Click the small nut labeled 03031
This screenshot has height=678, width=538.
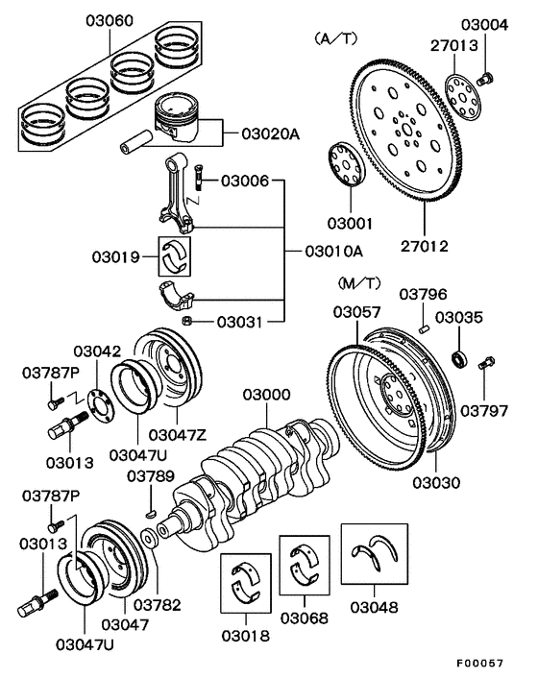tap(189, 320)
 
